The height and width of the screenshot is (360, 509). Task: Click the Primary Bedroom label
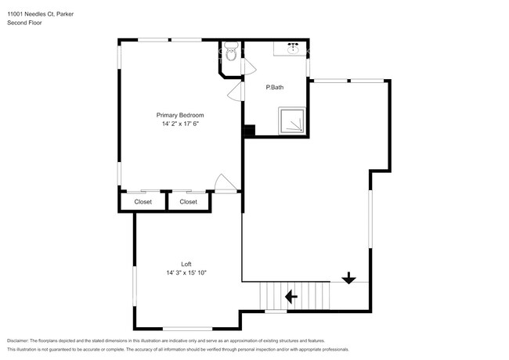[x=180, y=115]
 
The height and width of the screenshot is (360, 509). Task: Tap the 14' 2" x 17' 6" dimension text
[x=180, y=124]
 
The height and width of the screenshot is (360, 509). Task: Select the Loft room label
[x=186, y=264]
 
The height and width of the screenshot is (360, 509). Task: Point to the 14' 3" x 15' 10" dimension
[x=186, y=273]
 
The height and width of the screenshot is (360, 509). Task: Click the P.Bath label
[x=275, y=87]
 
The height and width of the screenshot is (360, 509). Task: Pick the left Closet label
[x=143, y=202]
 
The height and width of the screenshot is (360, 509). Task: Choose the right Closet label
[x=188, y=202]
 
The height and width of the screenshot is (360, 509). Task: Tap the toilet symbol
[x=231, y=51]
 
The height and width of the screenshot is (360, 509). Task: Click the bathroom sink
[x=293, y=49]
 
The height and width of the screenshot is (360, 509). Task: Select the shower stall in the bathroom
[x=292, y=121]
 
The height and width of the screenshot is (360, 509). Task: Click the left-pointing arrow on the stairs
[x=291, y=297]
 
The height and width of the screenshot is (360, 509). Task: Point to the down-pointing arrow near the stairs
[x=348, y=278]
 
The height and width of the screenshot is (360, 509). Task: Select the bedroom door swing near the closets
[x=226, y=184]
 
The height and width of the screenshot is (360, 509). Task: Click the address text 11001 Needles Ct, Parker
[x=40, y=14]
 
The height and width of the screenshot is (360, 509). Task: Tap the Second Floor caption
[x=24, y=23]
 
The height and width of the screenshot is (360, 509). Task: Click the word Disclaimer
[x=17, y=340]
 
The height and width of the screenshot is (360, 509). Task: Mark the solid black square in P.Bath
[x=249, y=131]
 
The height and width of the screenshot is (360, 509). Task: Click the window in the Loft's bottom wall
[x=187, y=329]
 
